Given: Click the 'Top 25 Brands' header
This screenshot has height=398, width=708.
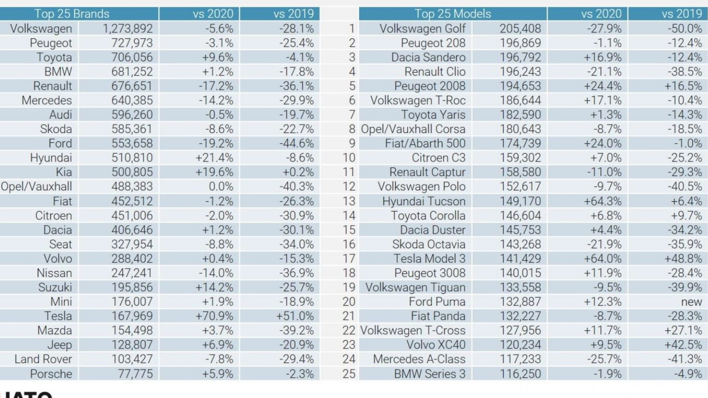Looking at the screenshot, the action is point(72,14).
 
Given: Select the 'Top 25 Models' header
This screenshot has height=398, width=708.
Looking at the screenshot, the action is point(453,14).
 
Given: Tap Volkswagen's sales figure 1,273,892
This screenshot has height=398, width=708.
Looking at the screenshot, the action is point(128,28).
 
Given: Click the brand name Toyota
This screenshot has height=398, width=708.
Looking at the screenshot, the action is point(54,57).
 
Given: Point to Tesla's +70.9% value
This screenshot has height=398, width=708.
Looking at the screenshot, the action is point(214,316).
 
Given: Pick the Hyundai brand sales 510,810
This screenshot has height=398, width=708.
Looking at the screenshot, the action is point(132,158).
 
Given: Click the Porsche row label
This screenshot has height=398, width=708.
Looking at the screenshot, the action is point(51,374).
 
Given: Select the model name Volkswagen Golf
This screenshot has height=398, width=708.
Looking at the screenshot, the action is point(423,29).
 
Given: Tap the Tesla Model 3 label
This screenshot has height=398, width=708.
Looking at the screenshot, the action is point(430,258).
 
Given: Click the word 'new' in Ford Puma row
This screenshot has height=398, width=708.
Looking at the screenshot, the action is point(691,302).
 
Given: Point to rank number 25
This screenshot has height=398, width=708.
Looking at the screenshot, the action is point(349,374).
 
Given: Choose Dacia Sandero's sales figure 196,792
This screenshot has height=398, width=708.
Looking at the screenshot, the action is point(520,57).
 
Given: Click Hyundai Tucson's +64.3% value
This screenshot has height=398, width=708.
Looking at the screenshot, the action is point(603,201).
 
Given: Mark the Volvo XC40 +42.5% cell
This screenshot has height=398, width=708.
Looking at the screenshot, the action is point(683,345).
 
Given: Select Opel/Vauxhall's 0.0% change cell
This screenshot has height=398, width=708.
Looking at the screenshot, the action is point(221,186).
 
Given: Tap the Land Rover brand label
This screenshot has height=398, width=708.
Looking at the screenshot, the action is point(44,359).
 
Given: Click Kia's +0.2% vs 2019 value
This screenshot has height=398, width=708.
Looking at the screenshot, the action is point(298,172).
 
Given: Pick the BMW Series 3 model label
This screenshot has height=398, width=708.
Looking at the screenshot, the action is point(430,374).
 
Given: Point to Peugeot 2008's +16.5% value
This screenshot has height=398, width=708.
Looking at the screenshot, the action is point(683,86).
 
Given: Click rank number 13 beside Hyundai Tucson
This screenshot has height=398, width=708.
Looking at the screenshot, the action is point(349,201).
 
